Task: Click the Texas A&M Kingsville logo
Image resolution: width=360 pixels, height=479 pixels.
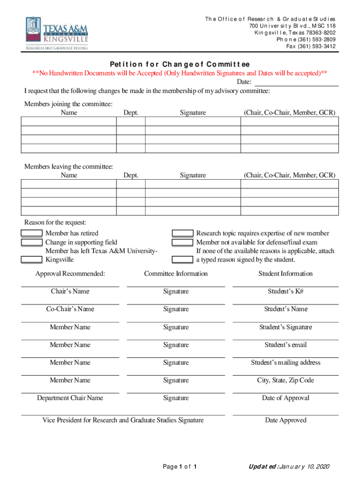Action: [x=57, y=33]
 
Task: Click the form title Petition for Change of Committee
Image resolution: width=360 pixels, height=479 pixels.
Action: [x=180, y=64]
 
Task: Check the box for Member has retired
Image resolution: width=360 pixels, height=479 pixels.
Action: [x=32, y=233]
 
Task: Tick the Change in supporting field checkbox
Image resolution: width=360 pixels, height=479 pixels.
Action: [x=32, y=242]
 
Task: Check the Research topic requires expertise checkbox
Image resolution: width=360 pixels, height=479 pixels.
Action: [x=183, y=233]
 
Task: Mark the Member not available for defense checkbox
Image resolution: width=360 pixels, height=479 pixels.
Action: [x=183, y=242]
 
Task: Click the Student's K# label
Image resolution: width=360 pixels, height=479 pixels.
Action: [x=286, y=291]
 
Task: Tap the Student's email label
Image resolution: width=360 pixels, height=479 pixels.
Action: [x=286, y=345]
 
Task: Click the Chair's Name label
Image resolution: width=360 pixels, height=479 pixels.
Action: [x=70, y=291]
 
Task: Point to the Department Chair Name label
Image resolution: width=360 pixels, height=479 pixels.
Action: [x=70, y=398]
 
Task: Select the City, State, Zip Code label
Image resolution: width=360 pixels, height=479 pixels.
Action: [x=286, y=380]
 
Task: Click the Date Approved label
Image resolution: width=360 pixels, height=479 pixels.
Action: [x=286, y=420]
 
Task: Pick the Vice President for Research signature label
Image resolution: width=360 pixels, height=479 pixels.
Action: [x=123, y=420]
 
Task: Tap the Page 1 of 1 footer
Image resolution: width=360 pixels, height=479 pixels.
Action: [x=180, y=467]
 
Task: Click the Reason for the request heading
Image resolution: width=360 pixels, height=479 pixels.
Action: [x=55, y=222]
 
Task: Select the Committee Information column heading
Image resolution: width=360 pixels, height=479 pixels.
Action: [x=176, y=274]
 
